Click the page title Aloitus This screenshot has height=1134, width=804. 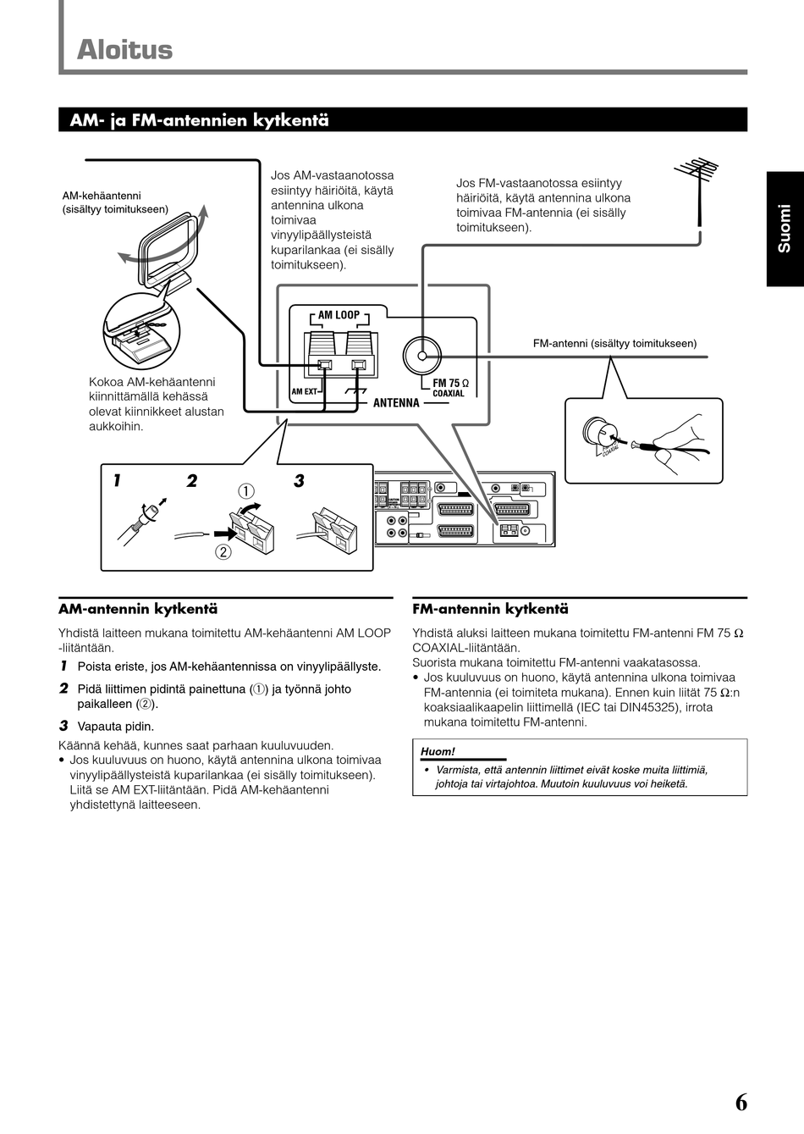tap(124, 50)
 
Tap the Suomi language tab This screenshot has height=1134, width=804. tap(785, 229)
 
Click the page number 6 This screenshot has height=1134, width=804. tap(741, 1103)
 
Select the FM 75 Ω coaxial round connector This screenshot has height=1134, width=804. tap(421, 356)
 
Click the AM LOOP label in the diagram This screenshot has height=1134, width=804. tap(339, 315)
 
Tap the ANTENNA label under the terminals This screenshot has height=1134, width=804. tap(396, 403)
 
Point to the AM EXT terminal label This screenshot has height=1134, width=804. tap(303, 392)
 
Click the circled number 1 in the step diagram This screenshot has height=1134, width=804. tap(245, 490)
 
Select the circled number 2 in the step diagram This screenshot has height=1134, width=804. tap(223, 552)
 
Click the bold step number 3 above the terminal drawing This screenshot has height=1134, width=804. tap(299, 481)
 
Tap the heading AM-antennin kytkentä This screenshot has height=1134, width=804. tap(138, 609)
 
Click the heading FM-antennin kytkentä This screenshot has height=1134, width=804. tap(490, 609)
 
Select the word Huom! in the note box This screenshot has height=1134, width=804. tap(438, 751)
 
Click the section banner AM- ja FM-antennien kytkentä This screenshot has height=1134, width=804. tap(199, 120)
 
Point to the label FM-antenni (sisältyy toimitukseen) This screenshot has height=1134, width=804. tap(614, 343)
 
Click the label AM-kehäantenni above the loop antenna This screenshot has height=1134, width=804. tap(102, 196)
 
